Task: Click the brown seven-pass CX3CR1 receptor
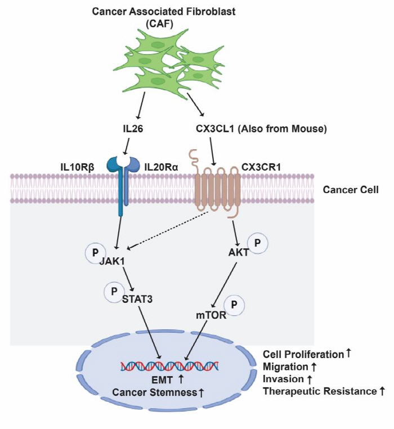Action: click(217, 189)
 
